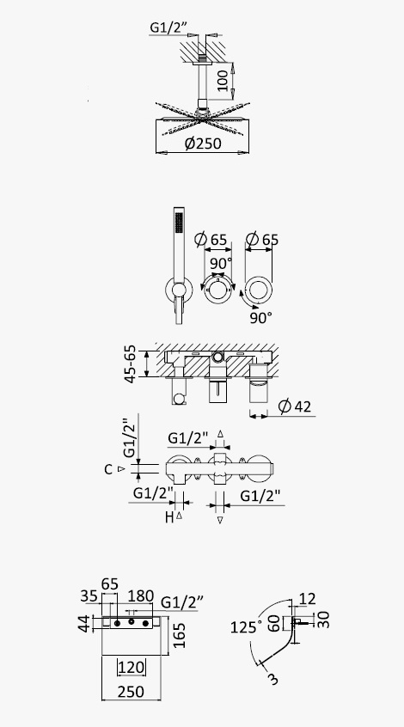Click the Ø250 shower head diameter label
pos(203,144)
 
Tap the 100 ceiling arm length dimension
pos(223,81)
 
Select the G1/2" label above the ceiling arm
pos(168,27)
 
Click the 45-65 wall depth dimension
pos(131,363)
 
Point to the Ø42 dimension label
pos(295,406)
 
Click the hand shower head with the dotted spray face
pos(179,223)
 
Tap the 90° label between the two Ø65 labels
pos(220,263)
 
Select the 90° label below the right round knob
pos(261,318)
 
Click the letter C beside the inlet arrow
pos(108,469)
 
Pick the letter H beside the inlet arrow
pos(169,517)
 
